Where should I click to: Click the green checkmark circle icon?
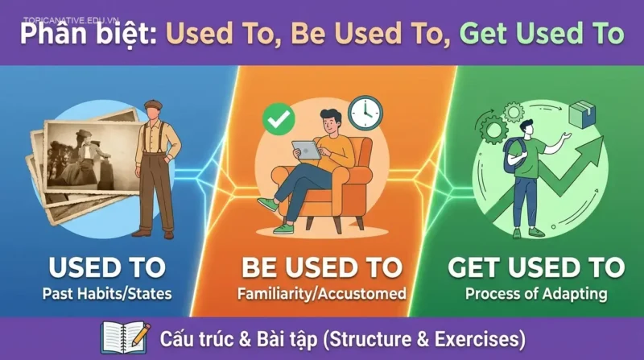279,118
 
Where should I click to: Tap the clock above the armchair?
365,112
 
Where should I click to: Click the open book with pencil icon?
125,337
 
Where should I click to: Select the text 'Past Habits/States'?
107,294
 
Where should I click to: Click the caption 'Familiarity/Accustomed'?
321,294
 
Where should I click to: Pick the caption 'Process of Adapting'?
537,294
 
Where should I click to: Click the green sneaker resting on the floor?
283,229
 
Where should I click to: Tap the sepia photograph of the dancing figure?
84,161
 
